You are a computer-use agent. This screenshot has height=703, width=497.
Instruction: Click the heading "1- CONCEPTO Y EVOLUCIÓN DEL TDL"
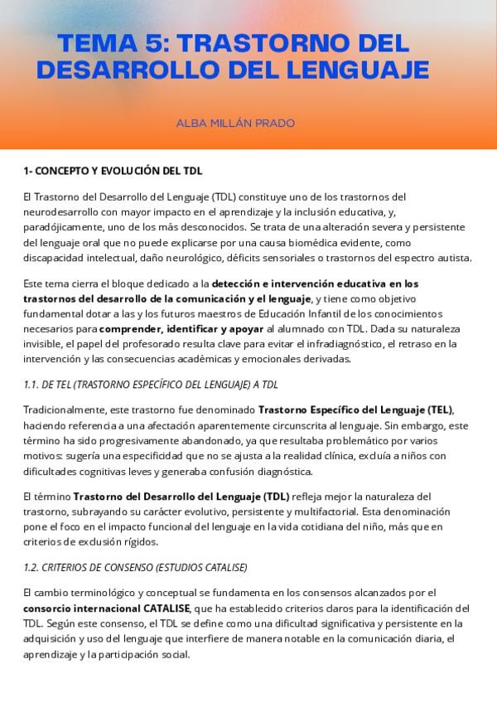113,171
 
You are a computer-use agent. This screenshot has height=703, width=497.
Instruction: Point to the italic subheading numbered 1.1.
151,385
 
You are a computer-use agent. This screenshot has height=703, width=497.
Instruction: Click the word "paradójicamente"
61,226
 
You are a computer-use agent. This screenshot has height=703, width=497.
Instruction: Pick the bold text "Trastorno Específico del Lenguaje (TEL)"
356,410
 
